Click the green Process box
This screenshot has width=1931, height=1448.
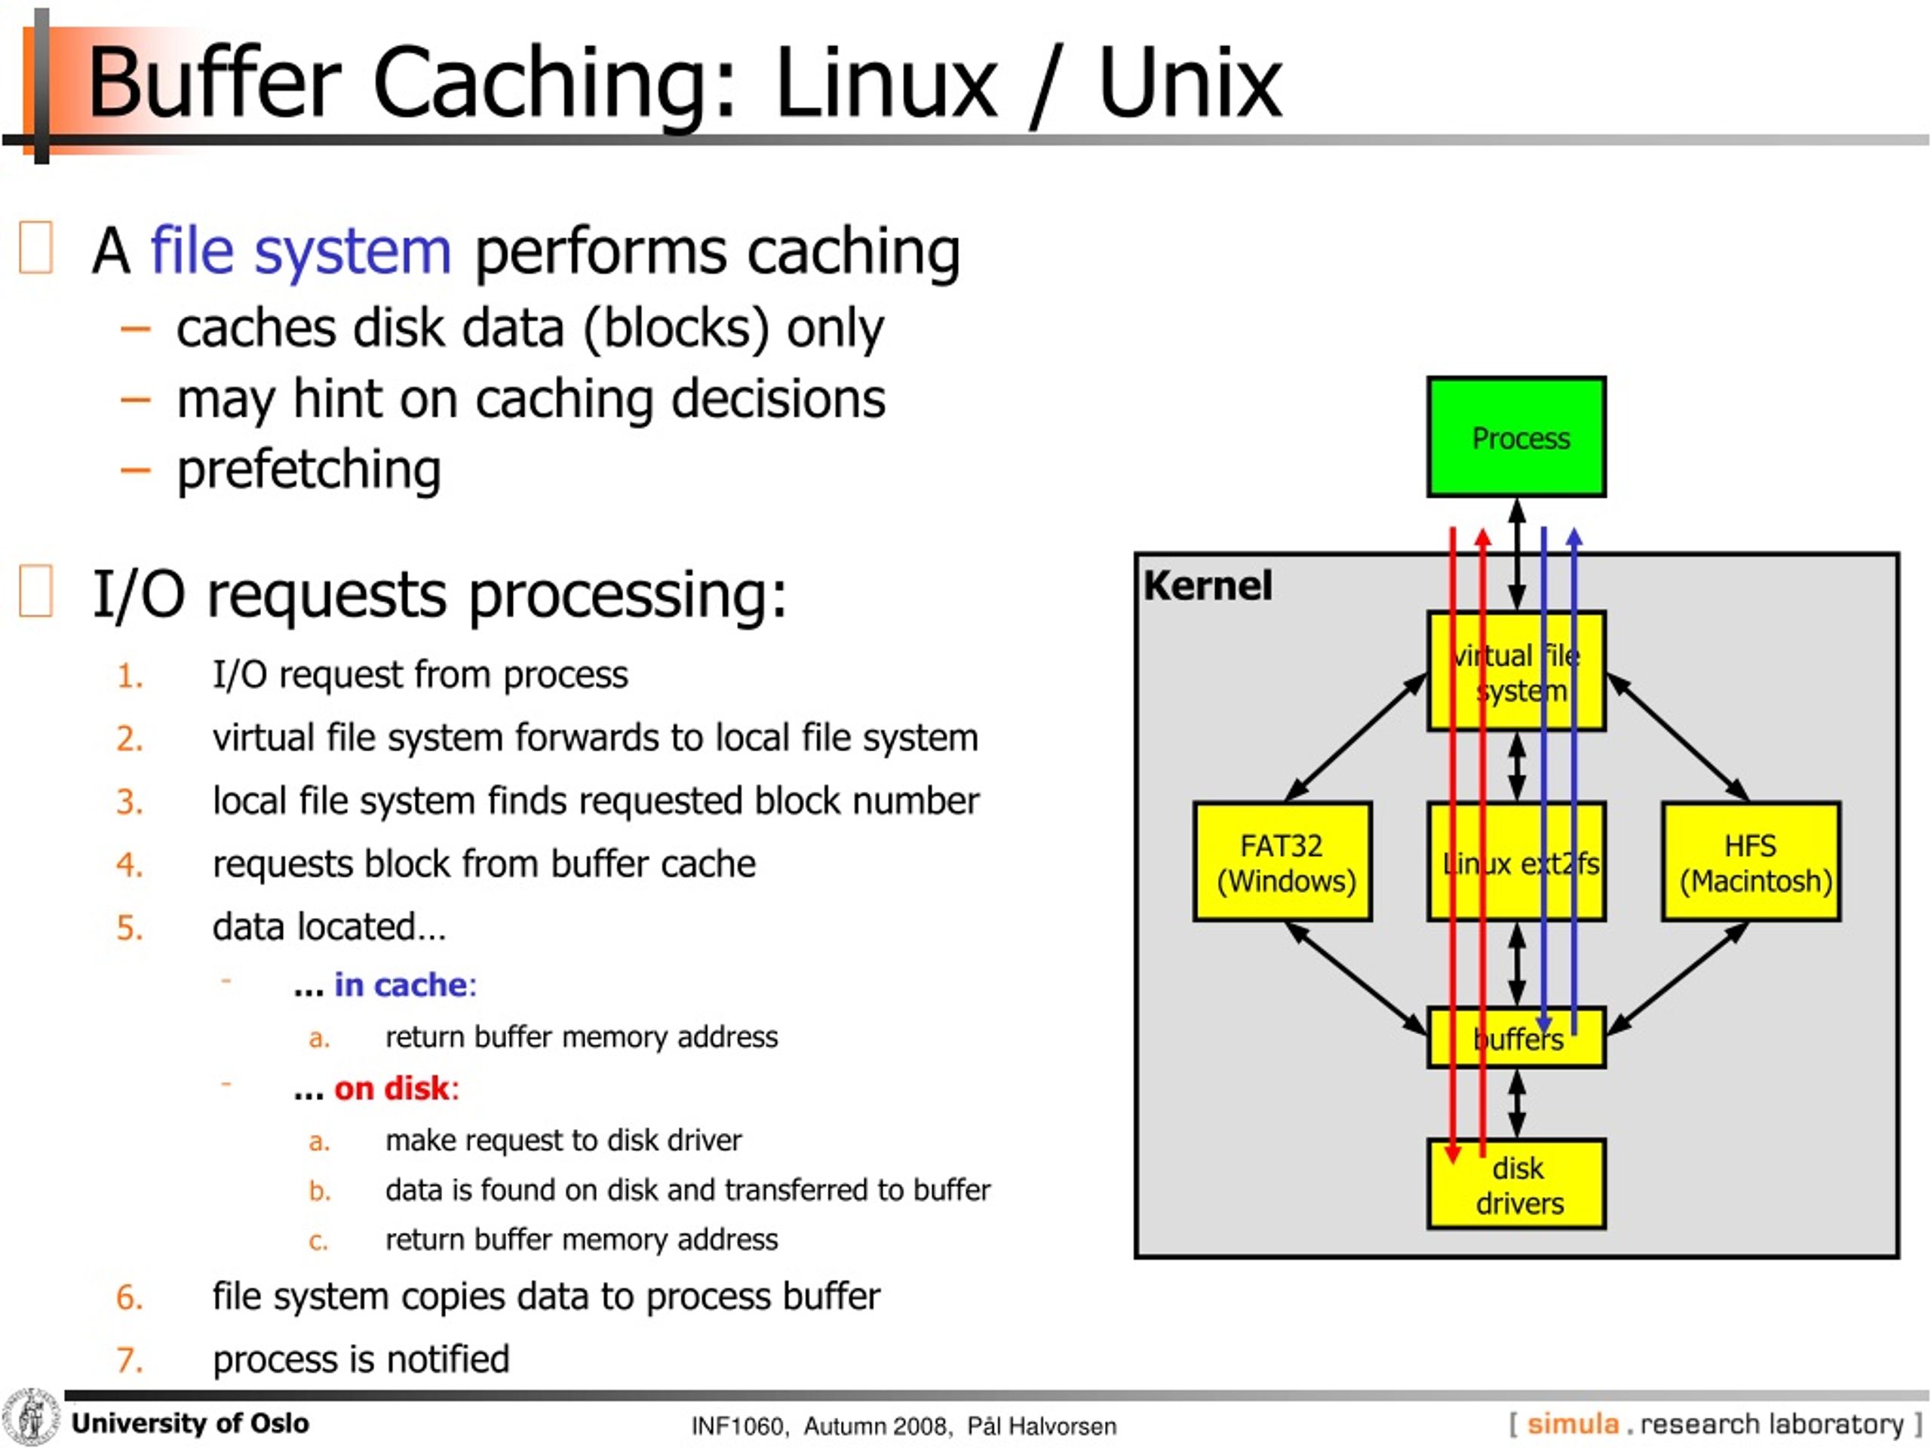click(x=1515, y=437)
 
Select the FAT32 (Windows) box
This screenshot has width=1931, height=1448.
click(x=1282, y=861)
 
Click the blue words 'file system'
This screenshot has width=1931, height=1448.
click(x=300, y=251)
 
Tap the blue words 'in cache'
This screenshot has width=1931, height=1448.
click(x=401, y=984)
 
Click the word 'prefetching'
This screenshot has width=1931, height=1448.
click(x=309, y=470)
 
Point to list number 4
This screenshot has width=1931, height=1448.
click(x=129, y=865)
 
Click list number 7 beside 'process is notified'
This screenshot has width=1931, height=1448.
click(x=129, y=1360)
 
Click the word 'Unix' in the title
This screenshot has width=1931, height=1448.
click(x=1189, y=83)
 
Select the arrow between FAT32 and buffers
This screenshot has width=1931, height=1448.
click(x=1355, y=977)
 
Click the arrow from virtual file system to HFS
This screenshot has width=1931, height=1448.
click(x=1677, y=738)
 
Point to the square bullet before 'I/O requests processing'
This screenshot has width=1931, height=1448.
click(x=35, y=591)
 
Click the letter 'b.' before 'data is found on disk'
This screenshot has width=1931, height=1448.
click(x=320, y=1192)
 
